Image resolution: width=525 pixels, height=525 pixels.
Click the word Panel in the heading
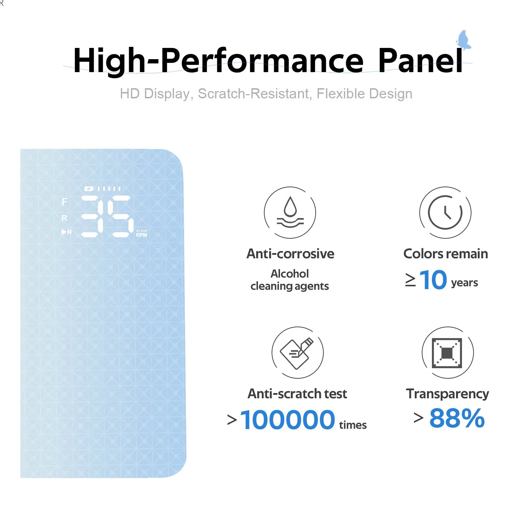click(420, 61)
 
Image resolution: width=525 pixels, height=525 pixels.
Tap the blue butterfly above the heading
click(463, 40)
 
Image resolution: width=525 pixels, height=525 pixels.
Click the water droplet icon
click(290, 212)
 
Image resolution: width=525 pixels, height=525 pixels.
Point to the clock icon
click(445, 212)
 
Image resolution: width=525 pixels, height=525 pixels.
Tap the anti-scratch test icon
click(297, 352)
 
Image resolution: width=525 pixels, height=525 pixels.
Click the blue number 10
click(433, 280)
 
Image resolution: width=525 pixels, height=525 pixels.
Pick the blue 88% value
click(457, 418)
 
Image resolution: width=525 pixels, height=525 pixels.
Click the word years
click(464, 283)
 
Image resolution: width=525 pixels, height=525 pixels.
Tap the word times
click(353, 425)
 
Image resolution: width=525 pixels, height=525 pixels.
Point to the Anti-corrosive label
click(290, 254)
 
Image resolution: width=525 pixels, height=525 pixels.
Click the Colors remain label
click(446, 254)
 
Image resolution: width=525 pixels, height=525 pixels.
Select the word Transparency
click(448, 394)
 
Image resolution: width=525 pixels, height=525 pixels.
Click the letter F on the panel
click(64, 202)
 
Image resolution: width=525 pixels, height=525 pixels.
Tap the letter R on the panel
click(64, 218)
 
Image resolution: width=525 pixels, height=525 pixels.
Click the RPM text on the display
click(142, 235)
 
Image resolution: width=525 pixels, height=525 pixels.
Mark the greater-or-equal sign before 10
click(410, 280)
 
